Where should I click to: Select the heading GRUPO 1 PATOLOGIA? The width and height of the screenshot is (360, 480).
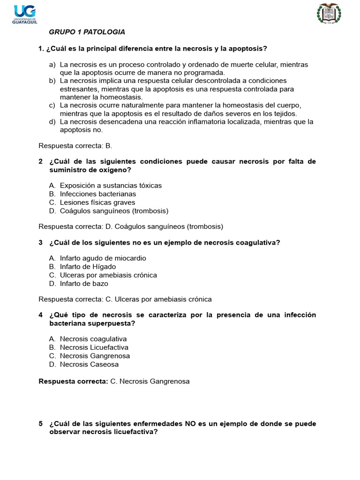click(87, 32)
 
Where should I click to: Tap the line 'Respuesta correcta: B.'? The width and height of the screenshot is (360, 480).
click(75, 146)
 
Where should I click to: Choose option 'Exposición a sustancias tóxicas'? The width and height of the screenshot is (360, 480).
click(111, 185)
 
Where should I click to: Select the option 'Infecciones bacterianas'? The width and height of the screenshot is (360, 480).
click(98, 194)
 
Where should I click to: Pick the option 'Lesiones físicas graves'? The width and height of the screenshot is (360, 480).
click(97, 202)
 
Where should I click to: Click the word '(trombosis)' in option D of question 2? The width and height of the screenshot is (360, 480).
click(150, 211)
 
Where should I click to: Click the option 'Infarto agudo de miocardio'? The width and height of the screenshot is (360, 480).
click(103, 258)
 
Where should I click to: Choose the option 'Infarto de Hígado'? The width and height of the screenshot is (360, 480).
click(88, 266)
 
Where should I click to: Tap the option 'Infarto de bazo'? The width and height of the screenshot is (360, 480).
click(84, 284)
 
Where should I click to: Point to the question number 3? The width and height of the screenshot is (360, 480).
click(41, 242)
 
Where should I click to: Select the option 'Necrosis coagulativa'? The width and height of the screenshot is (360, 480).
click(93, 338)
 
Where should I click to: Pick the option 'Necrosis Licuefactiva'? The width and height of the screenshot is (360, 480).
click(94, 347)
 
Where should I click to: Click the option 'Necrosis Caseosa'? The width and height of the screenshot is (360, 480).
click(89, 364)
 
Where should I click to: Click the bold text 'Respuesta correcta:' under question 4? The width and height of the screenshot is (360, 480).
click(73, 382)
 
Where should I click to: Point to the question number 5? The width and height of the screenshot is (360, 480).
click(41, 423)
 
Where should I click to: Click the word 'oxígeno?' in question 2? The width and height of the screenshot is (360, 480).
click(114, 170)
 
